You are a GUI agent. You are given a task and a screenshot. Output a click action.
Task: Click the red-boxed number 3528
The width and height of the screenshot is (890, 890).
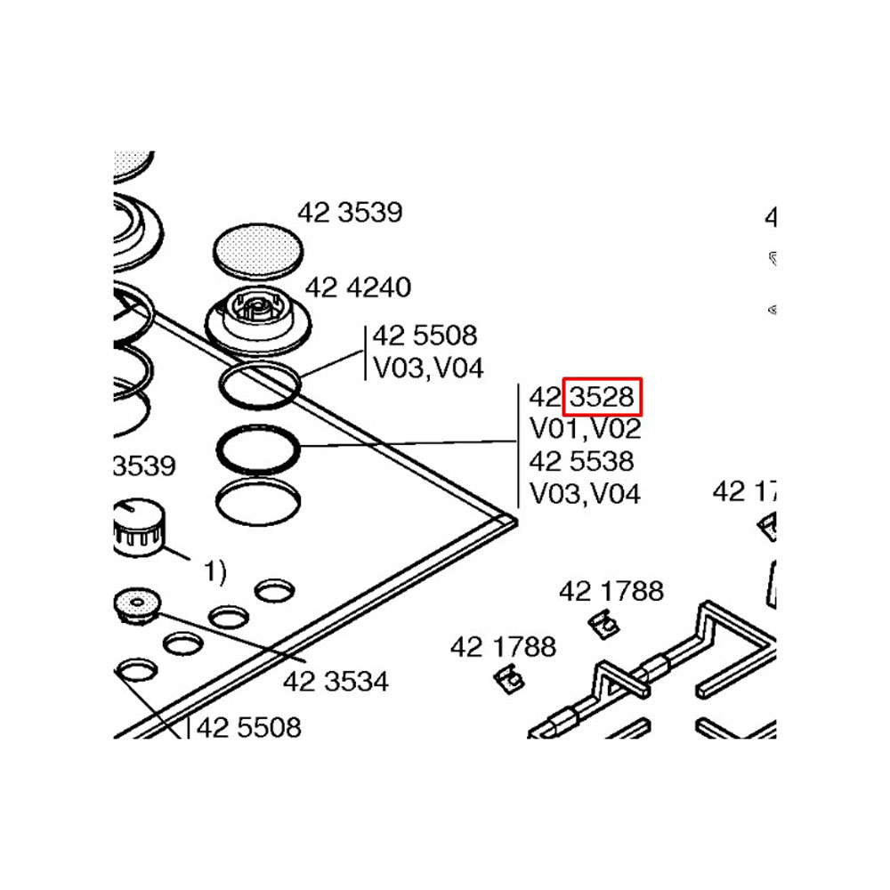[602, 396]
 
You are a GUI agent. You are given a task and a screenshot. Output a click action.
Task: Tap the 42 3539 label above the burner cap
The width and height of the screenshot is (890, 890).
[349, 213]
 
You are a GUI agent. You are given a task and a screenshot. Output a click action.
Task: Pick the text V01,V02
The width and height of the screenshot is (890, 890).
[585, 429]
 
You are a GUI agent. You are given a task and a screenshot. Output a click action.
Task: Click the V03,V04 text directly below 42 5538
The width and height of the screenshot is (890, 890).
[585, 493]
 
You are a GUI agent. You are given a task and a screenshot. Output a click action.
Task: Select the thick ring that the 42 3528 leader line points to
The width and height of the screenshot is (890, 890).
[257, 449]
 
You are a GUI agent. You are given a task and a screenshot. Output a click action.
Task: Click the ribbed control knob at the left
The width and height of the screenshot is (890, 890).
[138, 527]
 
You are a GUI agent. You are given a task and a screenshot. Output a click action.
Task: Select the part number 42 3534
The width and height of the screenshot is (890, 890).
[336, 682]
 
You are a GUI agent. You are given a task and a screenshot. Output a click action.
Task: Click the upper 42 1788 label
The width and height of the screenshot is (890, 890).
[611, 590]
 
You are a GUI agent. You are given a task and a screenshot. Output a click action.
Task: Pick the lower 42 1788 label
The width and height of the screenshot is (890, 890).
[503, 646]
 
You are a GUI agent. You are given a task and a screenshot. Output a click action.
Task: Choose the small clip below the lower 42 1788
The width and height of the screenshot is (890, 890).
[508, 679]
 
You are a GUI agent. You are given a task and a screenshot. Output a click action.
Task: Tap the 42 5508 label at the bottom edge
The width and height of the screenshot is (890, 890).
[248, 727]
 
